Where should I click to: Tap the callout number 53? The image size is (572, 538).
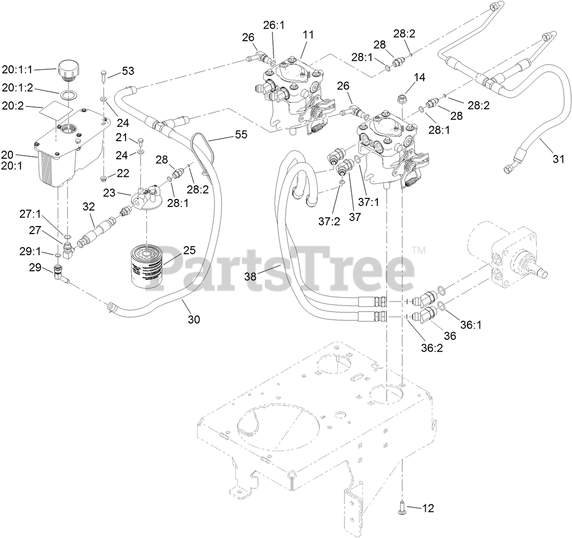[x=128, y=71]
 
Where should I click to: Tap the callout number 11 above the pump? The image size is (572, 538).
[x=308, y=35]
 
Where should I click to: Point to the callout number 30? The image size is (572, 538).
[x=194, y=318]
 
